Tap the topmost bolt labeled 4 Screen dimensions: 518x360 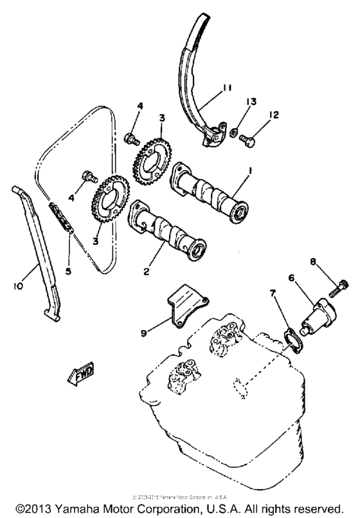pos(131,138)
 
